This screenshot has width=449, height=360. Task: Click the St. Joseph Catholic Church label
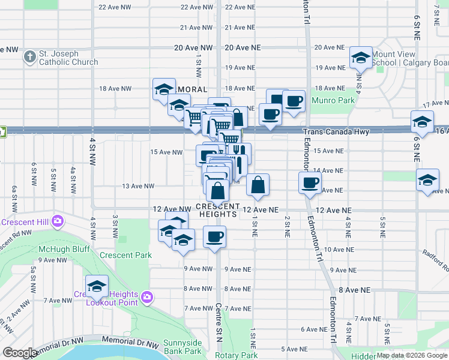(68, 58)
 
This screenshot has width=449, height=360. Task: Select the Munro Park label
(337, 101)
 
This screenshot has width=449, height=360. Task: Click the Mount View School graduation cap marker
(360, 58)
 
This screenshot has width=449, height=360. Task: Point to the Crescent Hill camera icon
(58, 221)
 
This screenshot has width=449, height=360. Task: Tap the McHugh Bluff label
(64, 248)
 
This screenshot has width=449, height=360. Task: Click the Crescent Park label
(125, 255)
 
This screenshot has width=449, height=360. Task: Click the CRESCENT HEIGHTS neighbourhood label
(218, 210)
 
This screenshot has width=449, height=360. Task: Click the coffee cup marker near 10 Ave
(214, 237)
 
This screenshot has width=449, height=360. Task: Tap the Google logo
(20, 353)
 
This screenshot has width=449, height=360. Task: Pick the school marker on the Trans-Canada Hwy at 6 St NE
(423, 122)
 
